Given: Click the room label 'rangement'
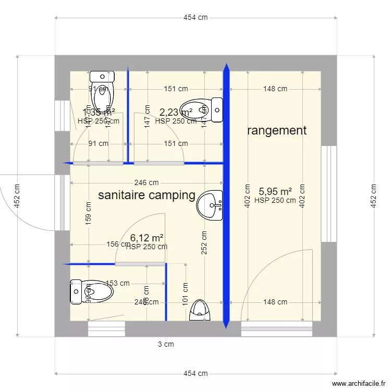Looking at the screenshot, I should point(276,130).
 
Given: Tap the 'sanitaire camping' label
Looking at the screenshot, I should point(146,195).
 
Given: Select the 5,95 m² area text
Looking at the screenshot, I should point(275,191).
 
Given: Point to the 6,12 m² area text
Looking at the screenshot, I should point(146,238).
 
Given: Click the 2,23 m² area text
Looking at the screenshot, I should point(176,112).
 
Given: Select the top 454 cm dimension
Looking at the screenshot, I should point(195,17).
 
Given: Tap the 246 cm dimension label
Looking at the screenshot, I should point(146,182).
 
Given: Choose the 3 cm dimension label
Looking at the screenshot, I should point(166,344).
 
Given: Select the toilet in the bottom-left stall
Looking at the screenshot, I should point(92,291).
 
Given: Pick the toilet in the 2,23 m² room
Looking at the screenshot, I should point(201,109).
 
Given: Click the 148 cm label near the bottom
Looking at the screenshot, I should point(275,302).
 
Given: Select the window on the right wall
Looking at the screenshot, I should point(328,194).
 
